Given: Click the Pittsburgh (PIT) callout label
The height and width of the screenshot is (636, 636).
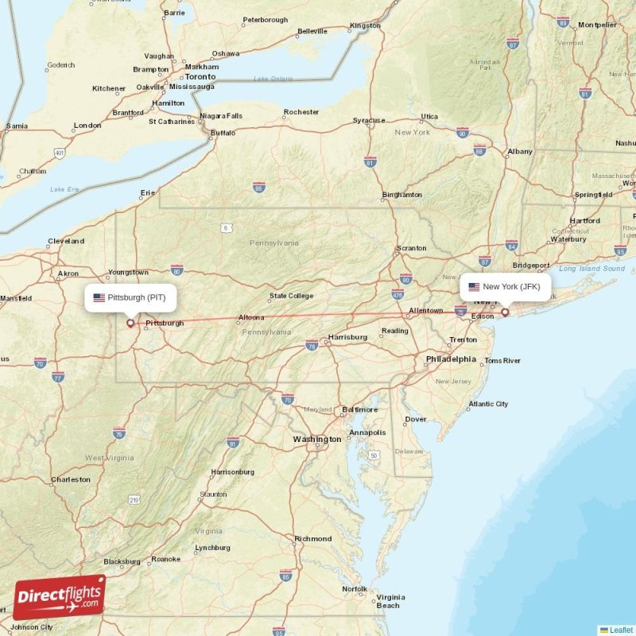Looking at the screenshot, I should tap(130, 297).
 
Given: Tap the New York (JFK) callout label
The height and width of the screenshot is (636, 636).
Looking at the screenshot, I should tap(506, 286).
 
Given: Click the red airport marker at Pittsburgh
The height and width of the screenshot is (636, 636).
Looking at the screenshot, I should tap(131, 324).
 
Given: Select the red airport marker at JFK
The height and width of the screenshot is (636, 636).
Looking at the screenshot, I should tap(504, 313).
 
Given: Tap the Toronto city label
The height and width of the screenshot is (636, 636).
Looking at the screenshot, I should tap(200, 77).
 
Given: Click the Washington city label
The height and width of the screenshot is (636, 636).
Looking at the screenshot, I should tap(316, 440).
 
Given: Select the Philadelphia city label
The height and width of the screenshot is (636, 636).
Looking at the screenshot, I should tap(451, 359).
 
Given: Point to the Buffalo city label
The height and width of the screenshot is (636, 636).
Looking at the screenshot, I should tap(223, 134).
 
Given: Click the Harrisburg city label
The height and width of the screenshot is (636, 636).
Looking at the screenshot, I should tap(347, 337).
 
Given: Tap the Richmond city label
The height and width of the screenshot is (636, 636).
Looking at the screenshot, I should tap(312, 539).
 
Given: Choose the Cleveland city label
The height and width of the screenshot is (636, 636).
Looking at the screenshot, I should tap(66, 241).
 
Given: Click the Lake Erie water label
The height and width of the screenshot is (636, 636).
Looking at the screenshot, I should tap(64, 189).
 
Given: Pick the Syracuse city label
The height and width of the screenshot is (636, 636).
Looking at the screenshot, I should tap(369, 121).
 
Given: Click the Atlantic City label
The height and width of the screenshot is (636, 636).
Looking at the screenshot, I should tap(488, 404).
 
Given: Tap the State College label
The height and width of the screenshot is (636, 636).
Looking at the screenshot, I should tap(290, 297).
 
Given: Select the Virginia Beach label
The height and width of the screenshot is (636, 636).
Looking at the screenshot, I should tap(390, 601).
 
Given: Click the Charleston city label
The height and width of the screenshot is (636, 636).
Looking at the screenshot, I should tap(71, 479).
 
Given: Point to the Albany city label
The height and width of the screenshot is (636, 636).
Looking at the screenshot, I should tap(520, 151).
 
